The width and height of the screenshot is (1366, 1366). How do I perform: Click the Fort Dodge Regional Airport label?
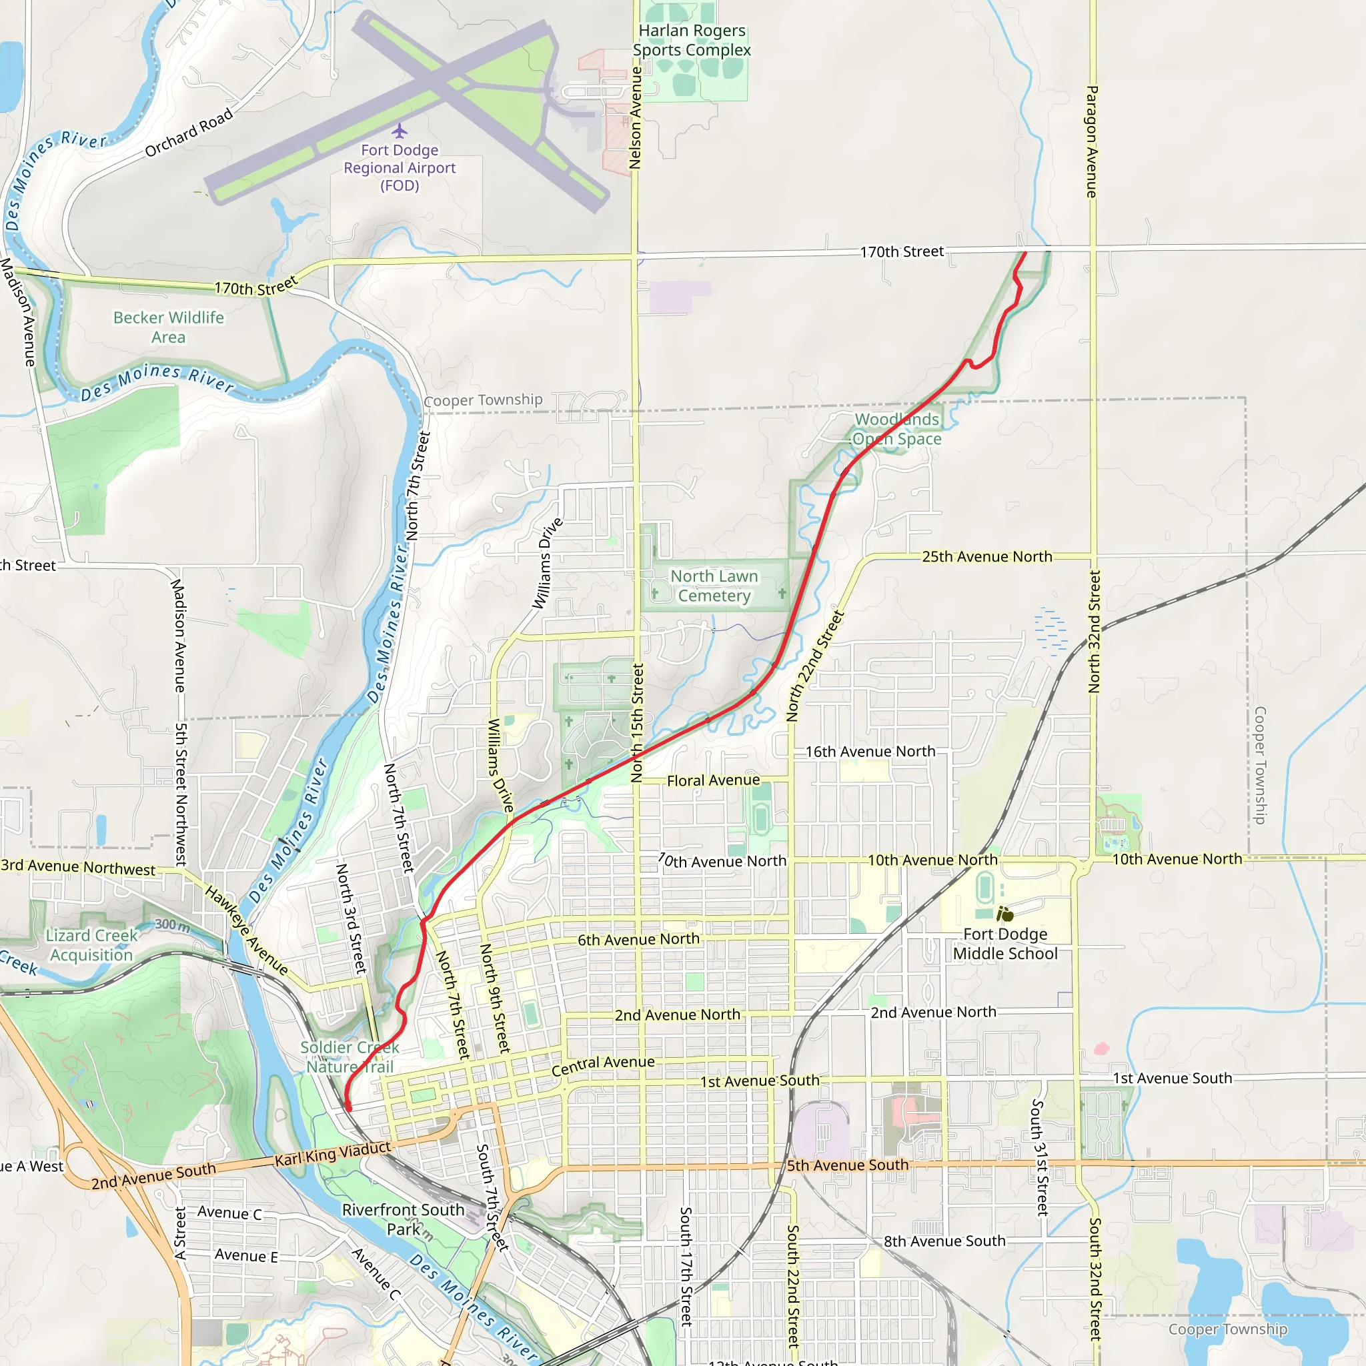400,168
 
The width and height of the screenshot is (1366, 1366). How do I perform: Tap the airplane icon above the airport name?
400,131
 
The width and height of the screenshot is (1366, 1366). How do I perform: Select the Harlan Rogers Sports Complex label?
692,40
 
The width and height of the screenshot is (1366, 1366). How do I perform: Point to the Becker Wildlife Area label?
168,327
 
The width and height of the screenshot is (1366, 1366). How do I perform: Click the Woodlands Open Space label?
896,429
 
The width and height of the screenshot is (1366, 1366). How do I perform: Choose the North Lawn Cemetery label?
714,586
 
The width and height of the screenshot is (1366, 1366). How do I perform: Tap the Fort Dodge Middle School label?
1004,944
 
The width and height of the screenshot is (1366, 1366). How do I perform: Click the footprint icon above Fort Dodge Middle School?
1004,914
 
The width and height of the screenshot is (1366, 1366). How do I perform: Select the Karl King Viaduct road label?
332,1154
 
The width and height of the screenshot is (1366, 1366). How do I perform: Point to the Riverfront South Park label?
403,1219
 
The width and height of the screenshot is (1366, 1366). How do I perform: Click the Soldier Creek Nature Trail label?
350,1057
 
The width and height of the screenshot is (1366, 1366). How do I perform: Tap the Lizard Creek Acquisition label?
91,945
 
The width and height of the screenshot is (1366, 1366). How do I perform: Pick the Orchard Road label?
189,133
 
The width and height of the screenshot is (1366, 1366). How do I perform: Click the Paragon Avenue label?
1092,141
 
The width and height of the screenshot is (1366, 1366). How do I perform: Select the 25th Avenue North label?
987,556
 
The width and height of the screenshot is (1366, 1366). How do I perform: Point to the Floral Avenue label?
714,780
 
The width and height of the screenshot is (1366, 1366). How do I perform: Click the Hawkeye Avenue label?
246,931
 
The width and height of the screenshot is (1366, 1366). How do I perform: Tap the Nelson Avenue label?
635,117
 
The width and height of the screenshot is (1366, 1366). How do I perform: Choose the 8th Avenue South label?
944,1241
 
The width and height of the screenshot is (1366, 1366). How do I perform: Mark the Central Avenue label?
602,1065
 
